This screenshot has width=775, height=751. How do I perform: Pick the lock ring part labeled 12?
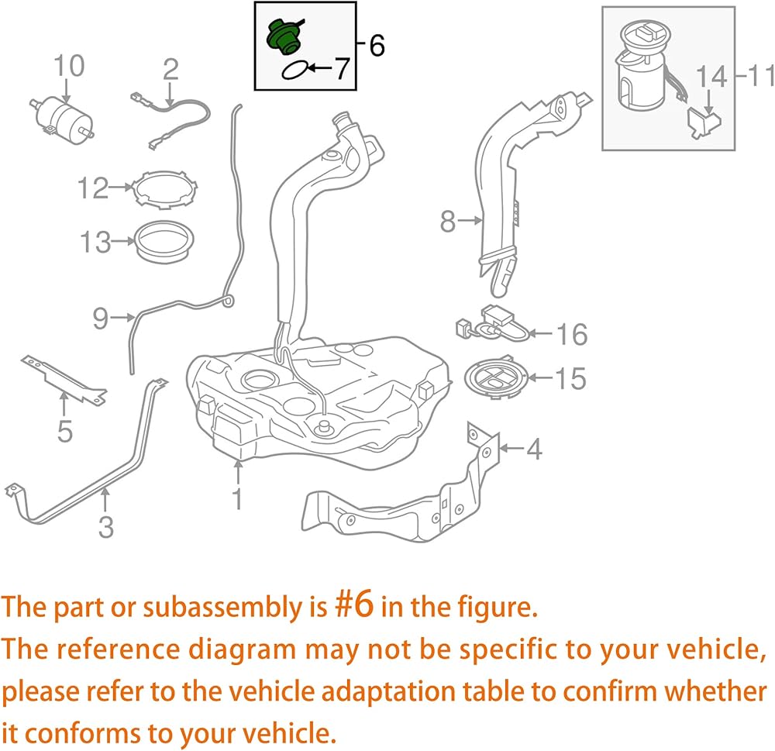(164, 189)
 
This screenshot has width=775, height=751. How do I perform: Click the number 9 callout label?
(100, 319)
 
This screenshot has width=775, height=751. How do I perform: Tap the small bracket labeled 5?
(63, 378)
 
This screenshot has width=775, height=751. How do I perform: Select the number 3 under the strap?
(106, 527)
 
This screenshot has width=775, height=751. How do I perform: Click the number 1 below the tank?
(237, 498)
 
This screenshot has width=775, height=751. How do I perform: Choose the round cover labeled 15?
(497, 377)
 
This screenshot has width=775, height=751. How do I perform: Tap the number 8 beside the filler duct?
(447, 222)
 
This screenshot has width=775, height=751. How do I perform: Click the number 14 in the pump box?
(712, 77)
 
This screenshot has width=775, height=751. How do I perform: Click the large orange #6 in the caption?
(354, 605)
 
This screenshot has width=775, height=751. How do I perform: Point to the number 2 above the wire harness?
(170, 71)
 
